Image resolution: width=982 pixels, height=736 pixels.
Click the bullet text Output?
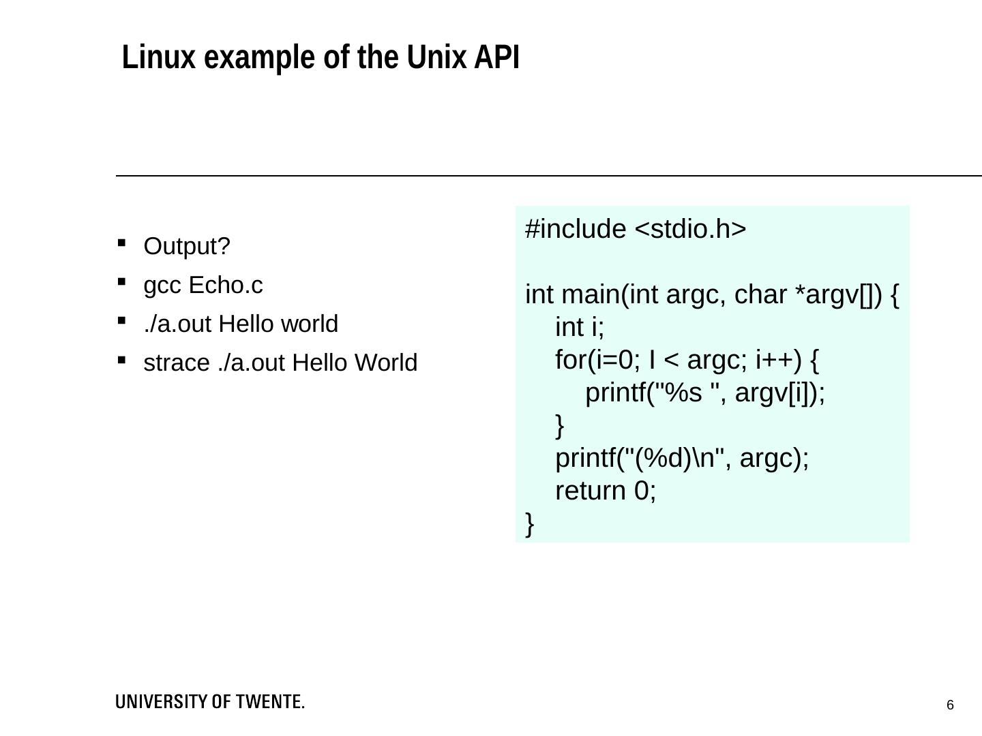point(187,247)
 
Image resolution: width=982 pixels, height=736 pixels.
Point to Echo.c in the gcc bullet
point(225,286)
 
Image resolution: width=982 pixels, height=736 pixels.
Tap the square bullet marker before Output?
point(122,243)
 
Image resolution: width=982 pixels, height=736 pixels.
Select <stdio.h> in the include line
point(691,230)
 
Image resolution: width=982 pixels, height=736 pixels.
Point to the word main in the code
point(591,295)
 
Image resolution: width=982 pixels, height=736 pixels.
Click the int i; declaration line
point(580,328)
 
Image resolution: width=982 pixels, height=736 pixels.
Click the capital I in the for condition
point(653,360)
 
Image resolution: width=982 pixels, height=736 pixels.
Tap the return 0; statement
point(606,491)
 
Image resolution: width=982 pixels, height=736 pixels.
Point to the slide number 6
point(950,705)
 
